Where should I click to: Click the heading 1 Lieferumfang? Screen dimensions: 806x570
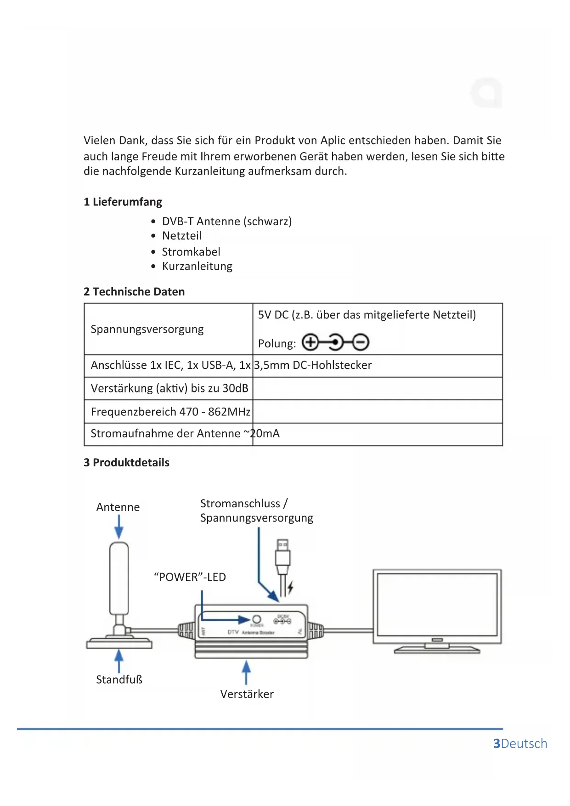click(x=123, y=202)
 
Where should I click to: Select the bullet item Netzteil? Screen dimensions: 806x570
click(x=182, y=236)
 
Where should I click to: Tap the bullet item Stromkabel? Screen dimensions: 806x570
click(x=191, y=252)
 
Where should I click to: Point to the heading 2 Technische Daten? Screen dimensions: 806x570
click(x=134, y=292)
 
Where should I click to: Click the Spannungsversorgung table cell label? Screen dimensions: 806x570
click(x=147, y=329)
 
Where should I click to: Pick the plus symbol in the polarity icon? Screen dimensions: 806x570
click(x=310, y=342)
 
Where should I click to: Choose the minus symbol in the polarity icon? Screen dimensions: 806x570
click(x=361, y=342)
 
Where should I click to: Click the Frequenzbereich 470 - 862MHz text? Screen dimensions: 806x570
click(x=170, y=411)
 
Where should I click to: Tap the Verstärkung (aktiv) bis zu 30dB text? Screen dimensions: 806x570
click(x=169, y=388)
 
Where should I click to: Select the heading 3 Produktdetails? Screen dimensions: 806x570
click(x=126, y=462)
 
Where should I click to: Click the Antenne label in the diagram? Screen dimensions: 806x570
click(x=118, y=507)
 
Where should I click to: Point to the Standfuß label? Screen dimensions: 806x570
click(x=119, y=679)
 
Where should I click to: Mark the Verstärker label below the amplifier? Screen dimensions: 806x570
click(x=247, y=694)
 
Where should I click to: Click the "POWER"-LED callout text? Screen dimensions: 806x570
click(x=190, y=577)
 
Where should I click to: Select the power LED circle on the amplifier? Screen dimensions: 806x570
click(x=257, y=619)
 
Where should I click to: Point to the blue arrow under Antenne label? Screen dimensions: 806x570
click(x=119, y=527)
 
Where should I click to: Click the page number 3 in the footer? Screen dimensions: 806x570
click(x=497, y=744)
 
